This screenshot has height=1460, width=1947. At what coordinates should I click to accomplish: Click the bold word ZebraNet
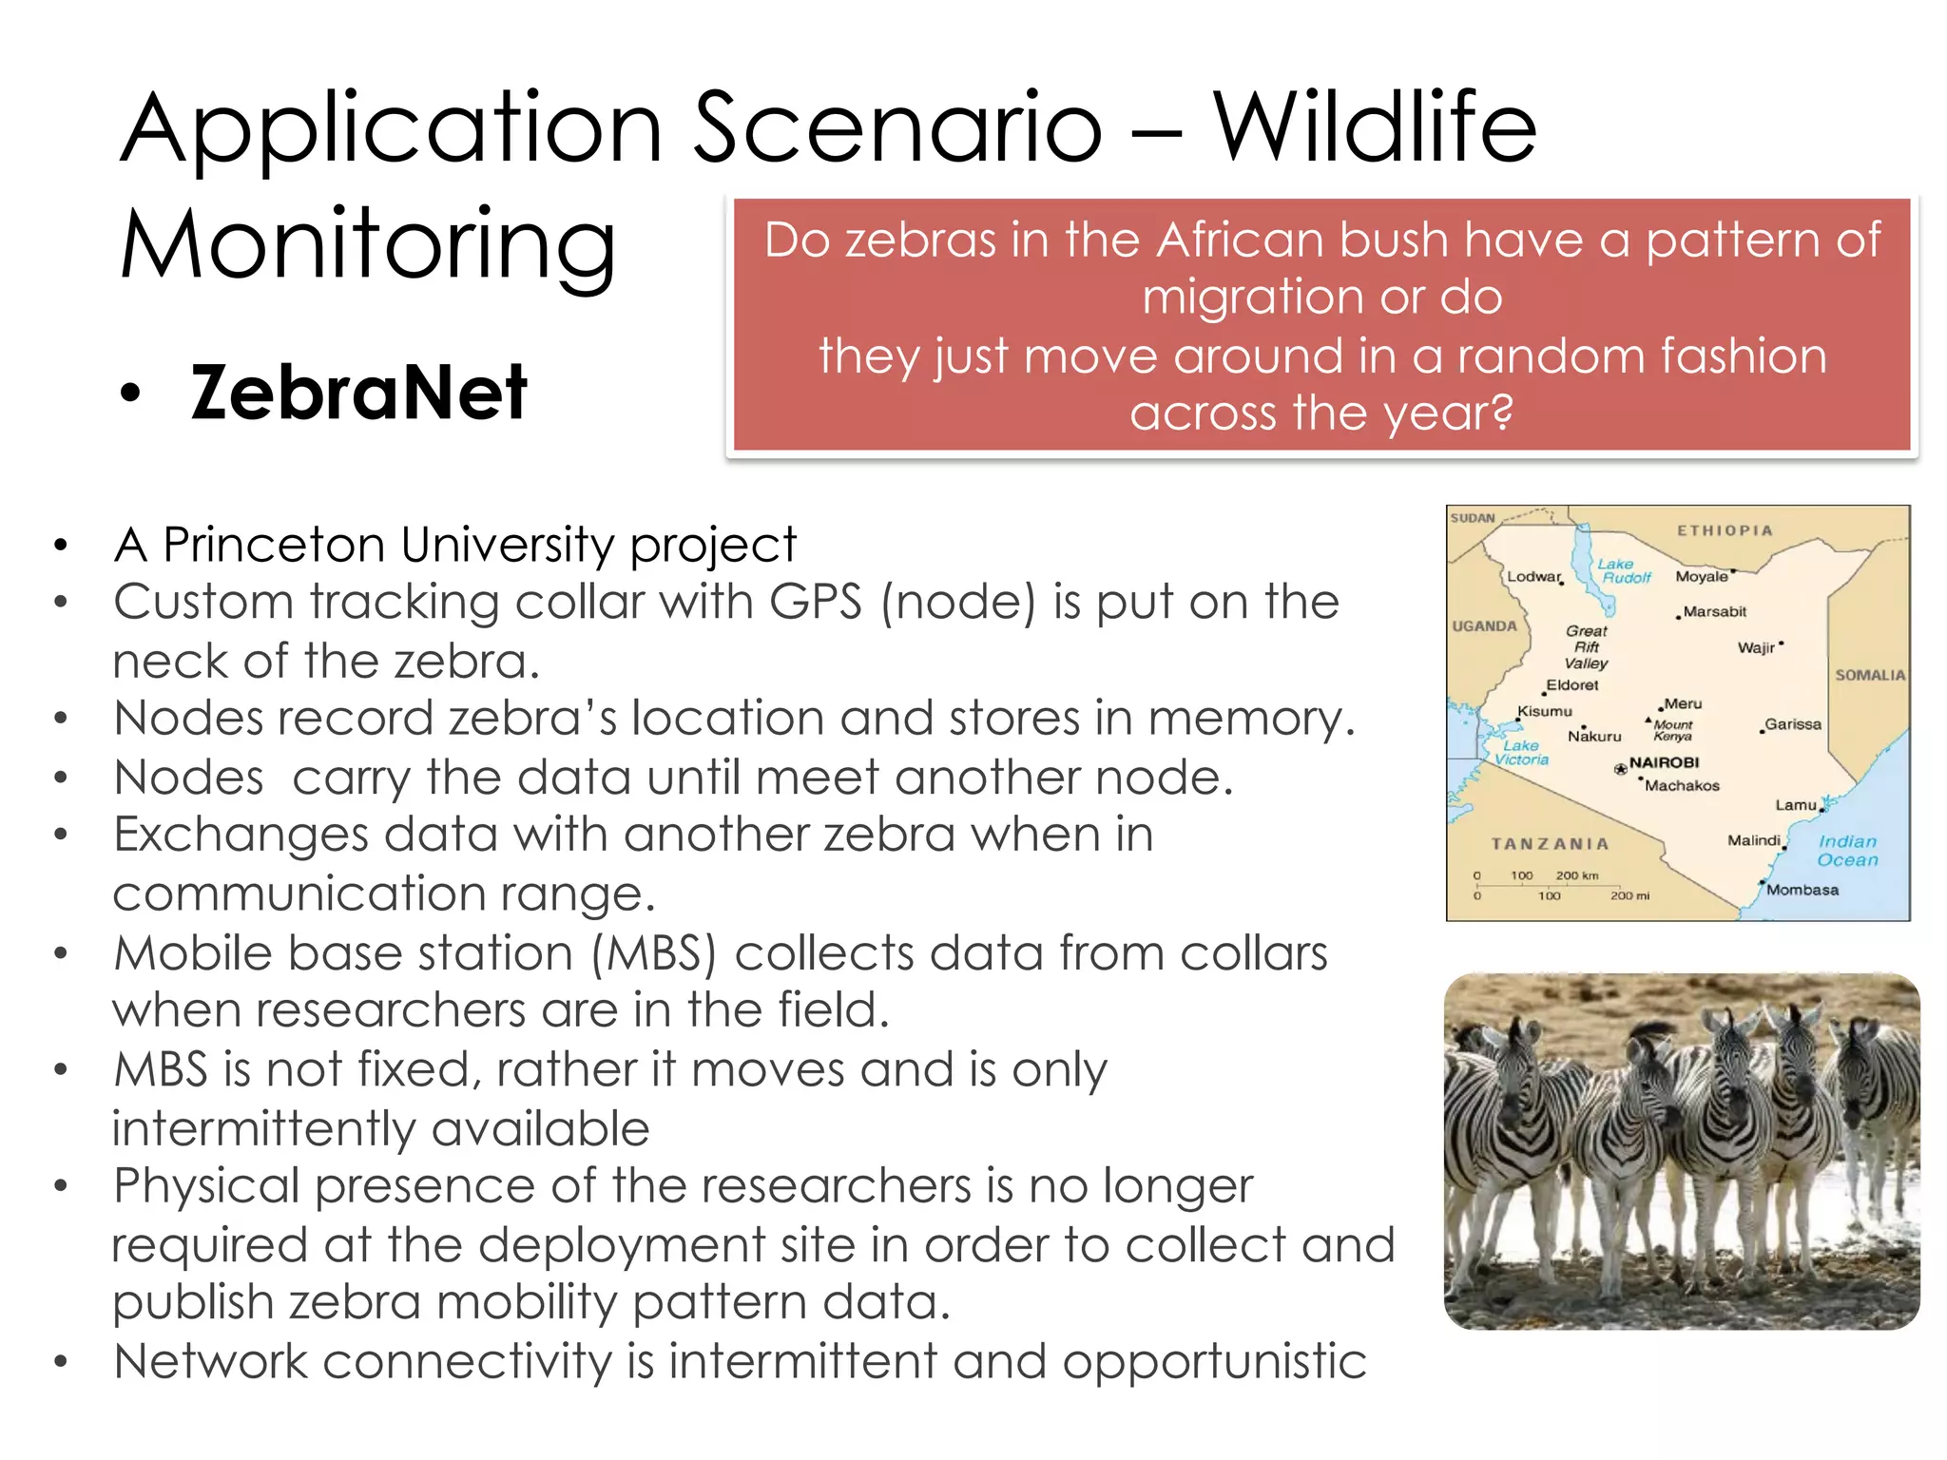(358, 393)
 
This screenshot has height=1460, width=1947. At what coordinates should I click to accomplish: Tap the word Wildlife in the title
(1374, 127)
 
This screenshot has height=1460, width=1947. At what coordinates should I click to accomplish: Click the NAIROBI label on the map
(1664, 762)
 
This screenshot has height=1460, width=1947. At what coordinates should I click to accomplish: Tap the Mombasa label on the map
(1802, 890)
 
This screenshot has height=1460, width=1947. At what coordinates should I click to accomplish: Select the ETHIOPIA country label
(1725, 530)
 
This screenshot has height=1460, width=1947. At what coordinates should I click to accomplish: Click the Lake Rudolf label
(1624, 570)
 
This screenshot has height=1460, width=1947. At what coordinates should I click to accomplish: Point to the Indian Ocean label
(1847, 851)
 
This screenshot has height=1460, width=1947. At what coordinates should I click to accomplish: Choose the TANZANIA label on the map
(1550, 843)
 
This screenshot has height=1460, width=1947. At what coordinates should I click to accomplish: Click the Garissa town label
(1793, 724)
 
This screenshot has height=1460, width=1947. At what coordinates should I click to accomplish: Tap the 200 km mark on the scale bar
(1576, 874)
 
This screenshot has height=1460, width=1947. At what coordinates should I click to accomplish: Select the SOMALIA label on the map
(1869, 675)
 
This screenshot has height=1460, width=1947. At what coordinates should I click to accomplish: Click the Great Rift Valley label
(1586, 646)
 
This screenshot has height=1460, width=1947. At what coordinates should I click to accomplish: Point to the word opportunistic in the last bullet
(1214, 1361)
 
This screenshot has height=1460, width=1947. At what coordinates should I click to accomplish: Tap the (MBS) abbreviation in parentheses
(653, 953)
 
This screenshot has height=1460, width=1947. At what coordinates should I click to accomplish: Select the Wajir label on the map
(1755, 647)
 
